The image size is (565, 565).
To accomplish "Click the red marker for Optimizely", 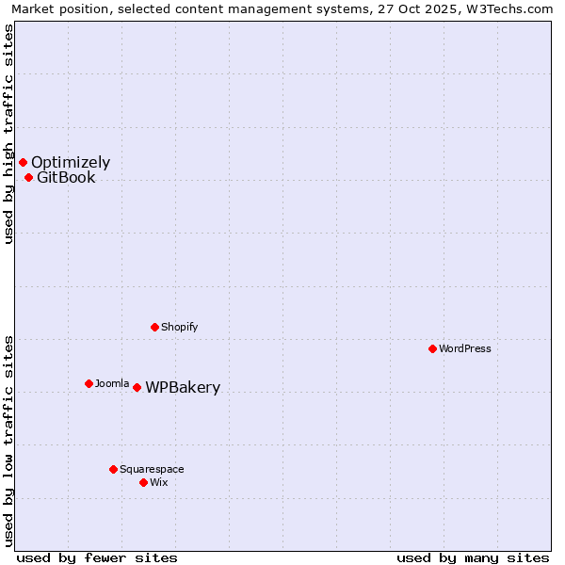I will coord(23,162).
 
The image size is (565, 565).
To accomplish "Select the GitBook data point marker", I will coord(28,177).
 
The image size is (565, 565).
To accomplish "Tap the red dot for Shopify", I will coord(154,327).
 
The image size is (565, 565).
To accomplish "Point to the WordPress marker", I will coord(432,348).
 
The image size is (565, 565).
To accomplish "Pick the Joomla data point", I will coord(89,383).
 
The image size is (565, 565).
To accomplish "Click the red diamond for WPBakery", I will coord(137,387).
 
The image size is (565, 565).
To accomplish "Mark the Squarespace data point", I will coord(113,469).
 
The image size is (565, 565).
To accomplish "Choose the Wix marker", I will coord(143,482).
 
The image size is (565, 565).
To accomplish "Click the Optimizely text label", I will coord(71,162).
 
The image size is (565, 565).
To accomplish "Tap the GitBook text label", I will coord(66,177).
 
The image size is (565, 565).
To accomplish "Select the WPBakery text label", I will coord(183,387).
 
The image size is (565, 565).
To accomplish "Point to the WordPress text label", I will coord(465,348).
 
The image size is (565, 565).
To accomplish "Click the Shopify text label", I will coord(179,327).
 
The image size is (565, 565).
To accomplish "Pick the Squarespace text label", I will coord(152,469).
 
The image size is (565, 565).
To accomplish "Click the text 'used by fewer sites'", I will coord(97,557).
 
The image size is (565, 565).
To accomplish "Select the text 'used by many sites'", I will coord(473,557).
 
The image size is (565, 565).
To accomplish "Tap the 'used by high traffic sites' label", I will coord(8,134).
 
